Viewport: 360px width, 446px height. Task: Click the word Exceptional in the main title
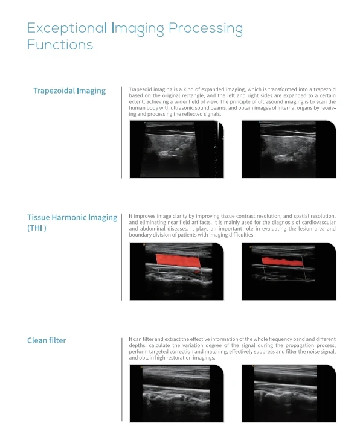click(x=67, y=28)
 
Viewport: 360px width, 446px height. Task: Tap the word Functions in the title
click(x=60, y=45)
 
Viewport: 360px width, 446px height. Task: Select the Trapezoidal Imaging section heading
click(x=69, y=91)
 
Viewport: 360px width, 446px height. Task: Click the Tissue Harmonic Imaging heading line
click(x=72, y=218)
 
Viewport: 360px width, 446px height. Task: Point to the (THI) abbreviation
click(x=37, y=228)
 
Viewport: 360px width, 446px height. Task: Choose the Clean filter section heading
click(x=47, y=340)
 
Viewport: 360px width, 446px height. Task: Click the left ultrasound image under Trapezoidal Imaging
click(x=177, y=149)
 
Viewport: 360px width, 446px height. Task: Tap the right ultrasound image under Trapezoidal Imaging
click(x=289, y=149)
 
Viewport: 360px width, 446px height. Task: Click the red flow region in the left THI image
click(x=178, y=261)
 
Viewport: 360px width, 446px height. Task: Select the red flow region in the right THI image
click(x=282, y=261)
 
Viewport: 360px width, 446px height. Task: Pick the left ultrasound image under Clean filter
click(x=177, y=393)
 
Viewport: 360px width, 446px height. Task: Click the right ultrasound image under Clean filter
click(x=289, y=393)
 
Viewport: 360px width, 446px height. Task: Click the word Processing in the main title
click(x=205, y=29)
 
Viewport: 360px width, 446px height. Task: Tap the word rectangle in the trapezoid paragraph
click(x=193, y=95)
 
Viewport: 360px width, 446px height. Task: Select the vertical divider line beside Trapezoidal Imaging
click(x=121, y=133)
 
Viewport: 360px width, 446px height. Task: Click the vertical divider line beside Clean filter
click(x=122, y=380)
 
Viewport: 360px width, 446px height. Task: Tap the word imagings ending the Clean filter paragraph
click(x=204, y=358)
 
